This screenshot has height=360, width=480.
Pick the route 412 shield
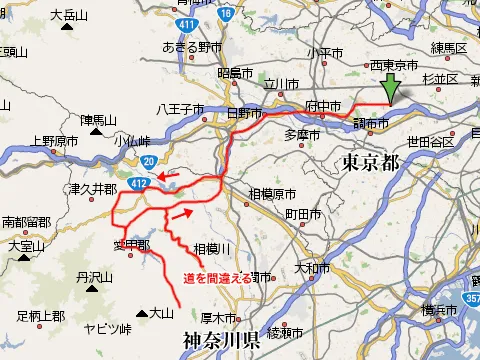coord(141,181)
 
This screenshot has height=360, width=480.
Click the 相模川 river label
coord(212,248)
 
